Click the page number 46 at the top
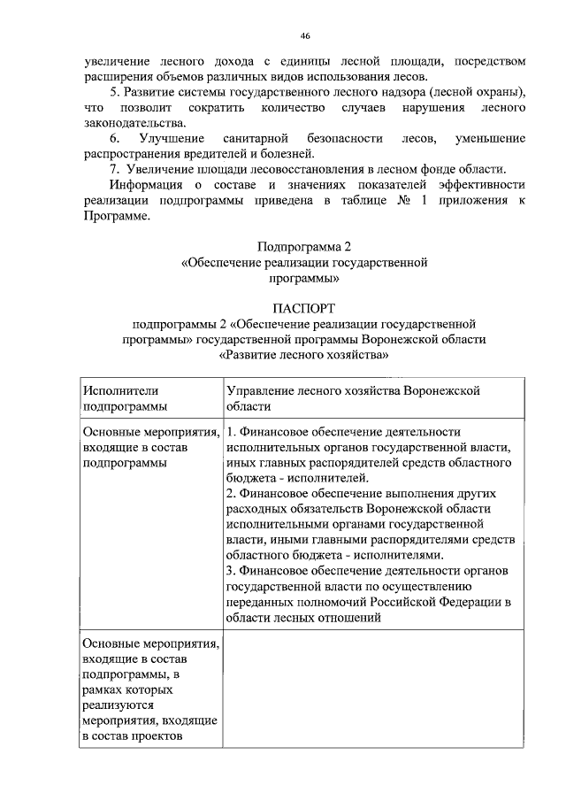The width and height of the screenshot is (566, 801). click(304, 35)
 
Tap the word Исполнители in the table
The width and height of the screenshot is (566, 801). click(115, 389)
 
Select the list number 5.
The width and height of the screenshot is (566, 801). click(114, 92)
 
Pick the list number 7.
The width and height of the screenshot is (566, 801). click(114, 169)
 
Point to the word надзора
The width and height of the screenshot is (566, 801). click(386, 92)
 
